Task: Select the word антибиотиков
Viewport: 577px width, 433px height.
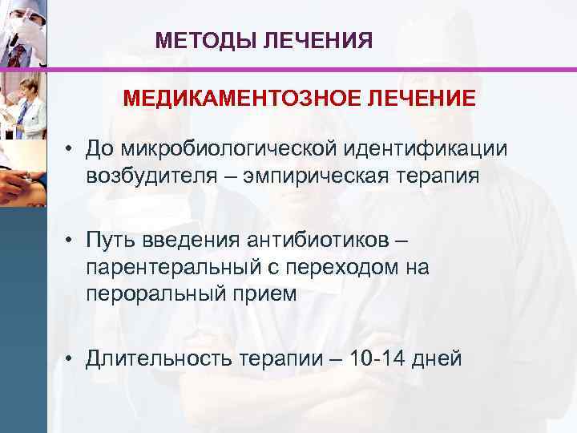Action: [325, 241]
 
